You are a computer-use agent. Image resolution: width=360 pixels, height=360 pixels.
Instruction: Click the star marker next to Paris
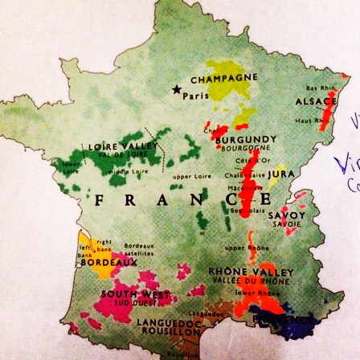point(176,91)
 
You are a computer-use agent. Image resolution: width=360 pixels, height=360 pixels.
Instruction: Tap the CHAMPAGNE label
point(224,79)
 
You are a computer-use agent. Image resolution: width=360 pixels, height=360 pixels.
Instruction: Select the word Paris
point(195,96)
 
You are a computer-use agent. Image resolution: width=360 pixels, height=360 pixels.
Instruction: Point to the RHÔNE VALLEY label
point(251,272)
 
